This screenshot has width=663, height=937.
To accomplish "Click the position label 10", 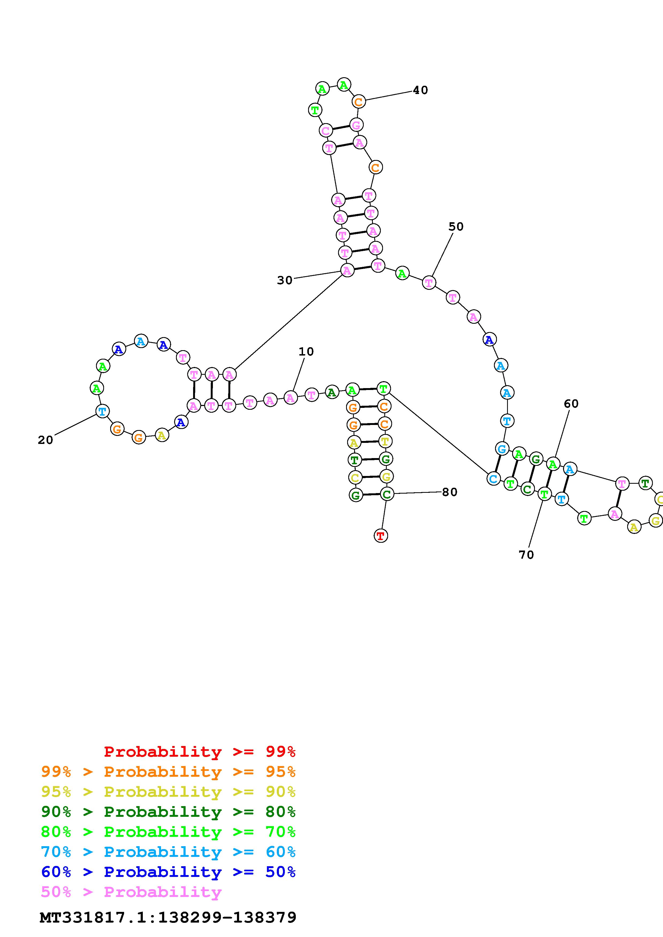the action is [306, 352].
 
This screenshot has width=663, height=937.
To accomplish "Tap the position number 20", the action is [45, 440].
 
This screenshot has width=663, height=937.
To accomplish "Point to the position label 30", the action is [285, 280].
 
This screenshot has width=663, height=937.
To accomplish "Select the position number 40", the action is [420, 90].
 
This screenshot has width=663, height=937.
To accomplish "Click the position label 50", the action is [456, 227].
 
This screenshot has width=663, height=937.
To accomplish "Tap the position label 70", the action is [526, 555].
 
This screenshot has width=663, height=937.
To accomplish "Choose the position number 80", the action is [449, 492].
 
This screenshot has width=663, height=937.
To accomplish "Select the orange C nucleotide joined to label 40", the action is [358, 101].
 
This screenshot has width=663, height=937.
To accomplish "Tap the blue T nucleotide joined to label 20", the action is [102, 411].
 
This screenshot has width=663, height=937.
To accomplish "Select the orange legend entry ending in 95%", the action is [168, 772].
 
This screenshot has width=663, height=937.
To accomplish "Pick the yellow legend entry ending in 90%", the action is [168, 792].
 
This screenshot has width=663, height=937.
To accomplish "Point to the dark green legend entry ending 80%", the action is [168, 812].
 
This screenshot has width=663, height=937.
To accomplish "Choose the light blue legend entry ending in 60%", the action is [168, 852].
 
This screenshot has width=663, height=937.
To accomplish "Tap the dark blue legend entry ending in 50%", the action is [168, 872].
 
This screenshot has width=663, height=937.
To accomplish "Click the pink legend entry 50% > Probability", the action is [131, 892].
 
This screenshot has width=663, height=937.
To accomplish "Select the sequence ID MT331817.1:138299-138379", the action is [168, 918].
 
